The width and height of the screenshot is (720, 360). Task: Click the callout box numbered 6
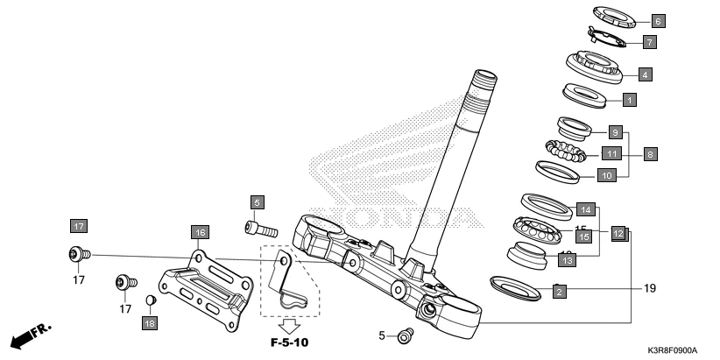coord(659,19)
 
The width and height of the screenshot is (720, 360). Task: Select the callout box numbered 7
coord(649,41)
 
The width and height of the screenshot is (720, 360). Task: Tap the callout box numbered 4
coord(645,74)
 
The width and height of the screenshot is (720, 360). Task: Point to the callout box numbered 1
coord(629,100)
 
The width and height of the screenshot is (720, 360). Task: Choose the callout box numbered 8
coord(650,154)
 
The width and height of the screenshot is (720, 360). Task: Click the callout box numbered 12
coord(618,234)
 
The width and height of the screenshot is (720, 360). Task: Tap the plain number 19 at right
coord(649,288)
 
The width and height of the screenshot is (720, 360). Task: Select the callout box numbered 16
coord(200,232)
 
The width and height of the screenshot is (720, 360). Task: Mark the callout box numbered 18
coord(150,324)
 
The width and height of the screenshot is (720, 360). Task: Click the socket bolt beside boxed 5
coord(260,229)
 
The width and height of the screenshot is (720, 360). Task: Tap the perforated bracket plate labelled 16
coord(200,288)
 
